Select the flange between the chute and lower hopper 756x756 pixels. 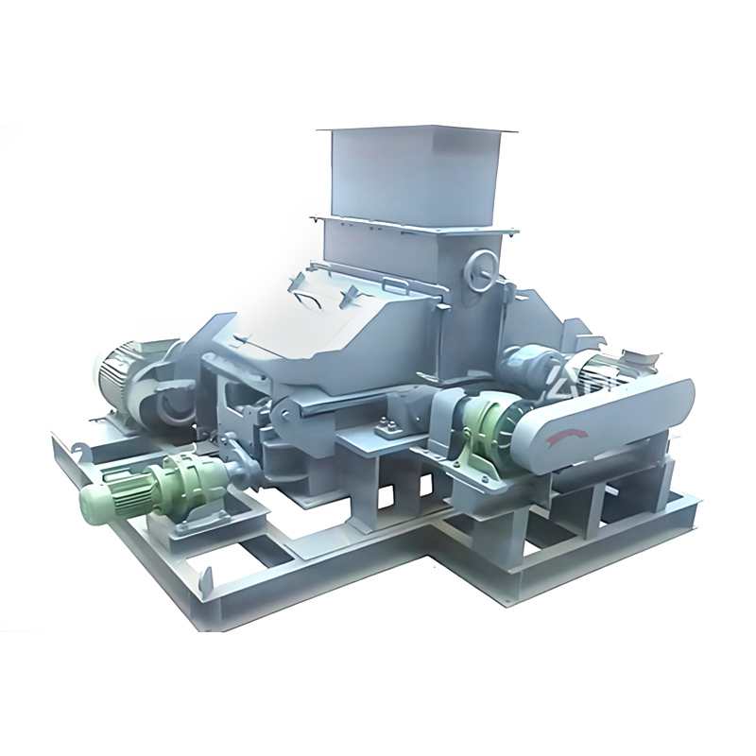pos(416,227)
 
